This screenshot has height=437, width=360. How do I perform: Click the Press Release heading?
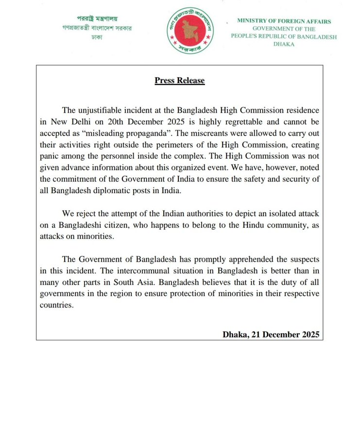[180, 81]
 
